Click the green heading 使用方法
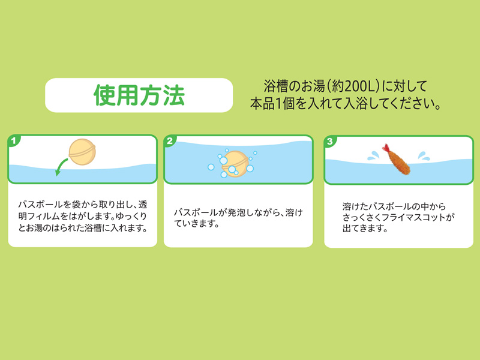pos(139,95)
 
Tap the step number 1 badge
pos(13,141)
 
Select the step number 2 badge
pos(169,141)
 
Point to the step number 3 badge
pos(329,142)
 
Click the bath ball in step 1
pos(82,152)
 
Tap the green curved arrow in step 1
pos(61,167)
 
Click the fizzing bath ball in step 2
pos(235,164)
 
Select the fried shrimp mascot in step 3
pos(396,160)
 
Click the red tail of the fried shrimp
pos(386,148)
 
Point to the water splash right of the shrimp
pos(424,156)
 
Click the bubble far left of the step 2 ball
pos(211,167)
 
